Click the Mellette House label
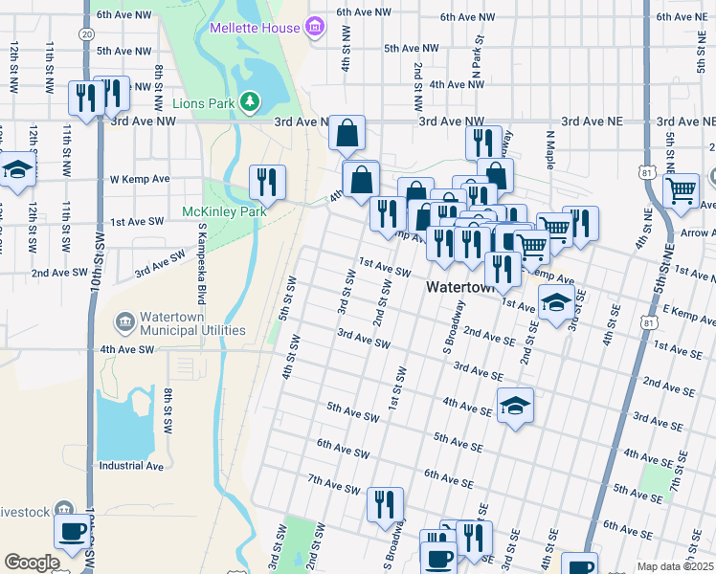pyautogui.click(x=255, y=28)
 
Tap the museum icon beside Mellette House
pyautogui.click(x=315, y=28)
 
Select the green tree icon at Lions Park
pyautogui.click(x=249, y=101)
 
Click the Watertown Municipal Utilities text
pyautogui.click(x=191, y=323)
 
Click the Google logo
pyautogui.click(x=32, y=563)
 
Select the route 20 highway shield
pyautogui.click(x=87, y=33)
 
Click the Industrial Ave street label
pyautogui.click(x=132, y=467)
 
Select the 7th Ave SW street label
pyautogui.click(x=334, y=484)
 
